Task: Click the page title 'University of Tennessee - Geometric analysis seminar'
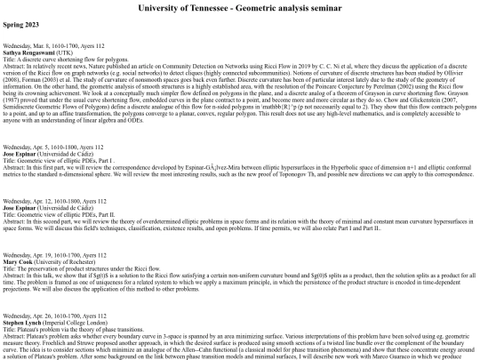[x=239, y=8]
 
